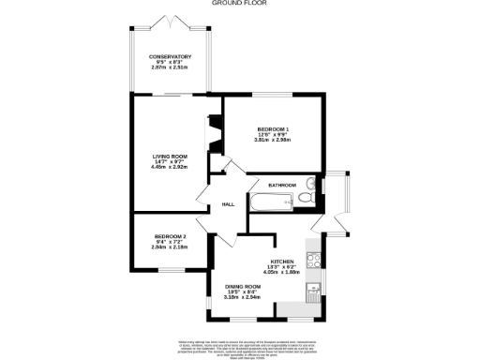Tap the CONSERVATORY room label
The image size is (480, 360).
pyautogui.click(x=170, y=56)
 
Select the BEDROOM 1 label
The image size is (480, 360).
pyautogui.click(x=274, y=128)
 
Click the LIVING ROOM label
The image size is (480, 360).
pyautogui.click(x=171, y=156)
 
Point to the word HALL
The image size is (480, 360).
pyautogui.click(x=228, y=204)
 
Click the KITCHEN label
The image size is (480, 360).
pyautogui.click(x=283, y=261)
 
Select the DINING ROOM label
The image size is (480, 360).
pyautogui.click(x=241, y=287)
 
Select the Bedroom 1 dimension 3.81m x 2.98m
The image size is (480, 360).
pyautogui.click(x=274, y=140)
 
